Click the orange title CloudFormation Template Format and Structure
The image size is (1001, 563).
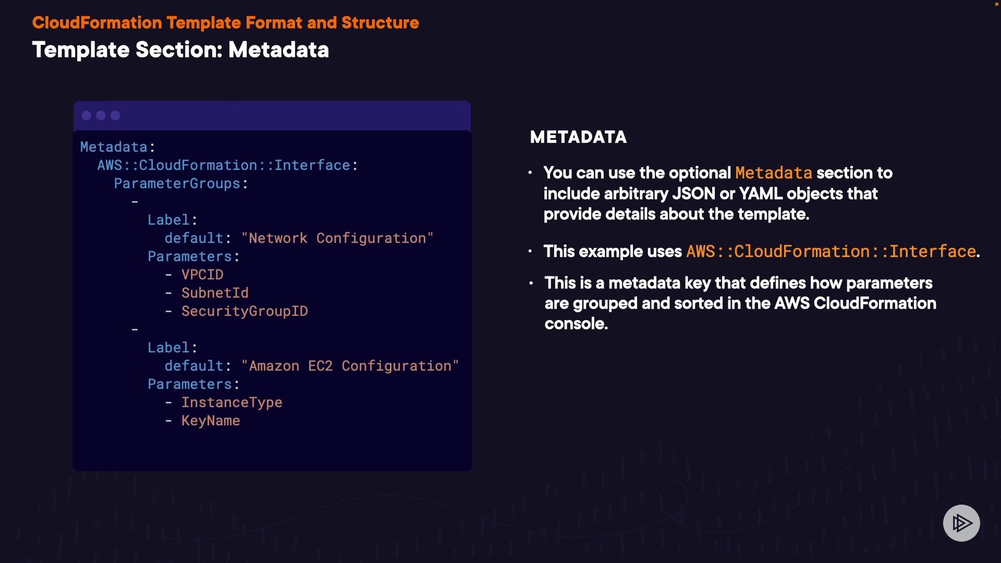[x=225, y=23]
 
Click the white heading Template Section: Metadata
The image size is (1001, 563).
[x=180, y=50]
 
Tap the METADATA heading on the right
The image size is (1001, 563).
[x=578, y=137]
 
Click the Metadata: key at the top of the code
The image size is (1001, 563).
[x=117, y=147]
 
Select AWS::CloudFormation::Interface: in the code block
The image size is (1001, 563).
[x=227, y=165]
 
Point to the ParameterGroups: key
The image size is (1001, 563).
[x=181, y=183]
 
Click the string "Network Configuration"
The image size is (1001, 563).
[x=337, y=238]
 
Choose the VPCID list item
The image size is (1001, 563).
[x=202, y=275]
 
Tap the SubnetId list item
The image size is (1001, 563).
[x=215, y=293]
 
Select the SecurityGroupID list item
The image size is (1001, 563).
[x=245, y=311]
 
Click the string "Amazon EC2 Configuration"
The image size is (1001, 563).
[x=350, y=366]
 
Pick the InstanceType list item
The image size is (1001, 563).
[x=231, y=402]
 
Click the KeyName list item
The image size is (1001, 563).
[x=211, y=421]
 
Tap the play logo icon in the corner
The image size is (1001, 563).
[x=961, y=523]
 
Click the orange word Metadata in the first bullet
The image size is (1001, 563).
[x=773, y=173]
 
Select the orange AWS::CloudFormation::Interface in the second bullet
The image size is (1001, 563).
[x=831, y=252]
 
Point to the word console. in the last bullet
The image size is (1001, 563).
[x=576, y=324]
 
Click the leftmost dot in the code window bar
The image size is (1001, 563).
[x=87, y=115]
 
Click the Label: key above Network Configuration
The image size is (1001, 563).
[x=172, y=220]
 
